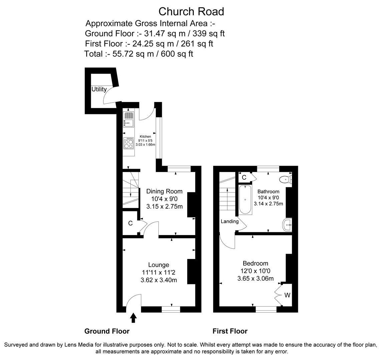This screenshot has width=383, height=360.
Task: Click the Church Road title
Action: [x=191, y=11]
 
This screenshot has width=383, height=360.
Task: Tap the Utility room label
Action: [x=99, y=89]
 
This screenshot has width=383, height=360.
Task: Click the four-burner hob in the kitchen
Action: [x=128, y=144]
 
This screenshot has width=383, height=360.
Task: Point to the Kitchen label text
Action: [x=145, y=137]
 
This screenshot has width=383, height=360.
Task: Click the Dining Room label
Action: [x=164, y=191]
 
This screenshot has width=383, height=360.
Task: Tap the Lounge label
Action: [x=158, y=265]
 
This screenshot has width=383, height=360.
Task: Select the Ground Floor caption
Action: [x=107, y=331]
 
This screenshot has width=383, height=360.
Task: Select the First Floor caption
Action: [x=230, y=331]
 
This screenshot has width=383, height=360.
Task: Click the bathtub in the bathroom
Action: [x=245, y=199]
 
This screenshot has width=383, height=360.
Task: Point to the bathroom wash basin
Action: [x=287, y=225]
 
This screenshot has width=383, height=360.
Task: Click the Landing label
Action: [x=230, y=221]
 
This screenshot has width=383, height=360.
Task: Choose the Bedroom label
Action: [x=255, y=263]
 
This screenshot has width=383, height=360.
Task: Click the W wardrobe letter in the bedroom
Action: [x=287, y=295]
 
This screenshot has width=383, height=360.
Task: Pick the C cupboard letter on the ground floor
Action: [x=130, y=223]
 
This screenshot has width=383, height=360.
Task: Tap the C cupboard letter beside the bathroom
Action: [x=244, y=177]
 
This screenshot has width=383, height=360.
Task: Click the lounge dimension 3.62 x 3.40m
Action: [x=159, y=280]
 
